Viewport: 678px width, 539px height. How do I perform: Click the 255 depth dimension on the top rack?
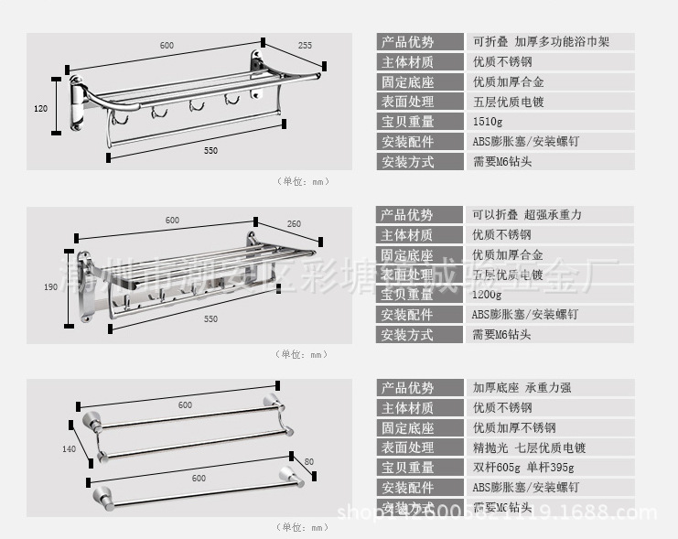[x=305, y=45]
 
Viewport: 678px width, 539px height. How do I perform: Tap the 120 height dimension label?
[x=40, y=109]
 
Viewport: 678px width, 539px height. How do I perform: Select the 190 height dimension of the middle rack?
[x=50, y=287]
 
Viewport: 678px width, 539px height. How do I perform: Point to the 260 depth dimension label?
[x=294, y=223]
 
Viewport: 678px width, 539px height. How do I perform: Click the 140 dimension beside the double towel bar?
[x=68, y=448]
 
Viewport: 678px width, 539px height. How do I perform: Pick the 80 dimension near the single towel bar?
[x=308, y=460]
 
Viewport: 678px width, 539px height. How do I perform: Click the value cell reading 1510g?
[x=488, y=122]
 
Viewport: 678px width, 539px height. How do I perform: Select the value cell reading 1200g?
[x=487, y=295]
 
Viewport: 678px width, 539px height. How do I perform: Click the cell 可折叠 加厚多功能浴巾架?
[x=540, y=42]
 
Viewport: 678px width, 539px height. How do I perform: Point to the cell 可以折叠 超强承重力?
[x=527, y=215]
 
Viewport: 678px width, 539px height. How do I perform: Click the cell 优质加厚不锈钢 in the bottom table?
[x=514, y=427]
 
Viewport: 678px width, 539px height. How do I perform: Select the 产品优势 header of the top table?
[x=408, y=42]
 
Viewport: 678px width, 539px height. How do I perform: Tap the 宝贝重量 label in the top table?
[x=408, y=122]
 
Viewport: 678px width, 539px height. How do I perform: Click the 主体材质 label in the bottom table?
[x=408, y=408]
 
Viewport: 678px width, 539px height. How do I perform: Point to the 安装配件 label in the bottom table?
[x=408, y=488]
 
